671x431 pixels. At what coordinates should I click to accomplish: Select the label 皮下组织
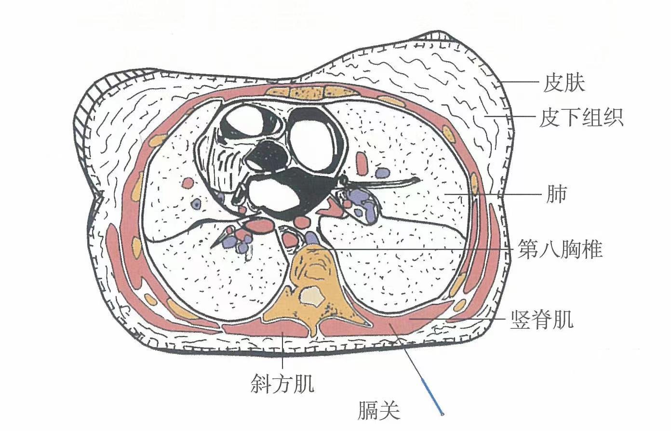581,117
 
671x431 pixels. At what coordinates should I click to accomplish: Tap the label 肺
557,194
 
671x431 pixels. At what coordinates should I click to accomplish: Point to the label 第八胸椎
560,250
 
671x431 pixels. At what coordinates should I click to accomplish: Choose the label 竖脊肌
542,319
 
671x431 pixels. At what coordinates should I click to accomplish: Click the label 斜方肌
282,384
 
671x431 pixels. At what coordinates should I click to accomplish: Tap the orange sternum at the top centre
304,91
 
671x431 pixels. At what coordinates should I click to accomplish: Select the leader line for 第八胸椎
424,249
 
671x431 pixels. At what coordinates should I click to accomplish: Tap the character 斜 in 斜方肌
260,384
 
